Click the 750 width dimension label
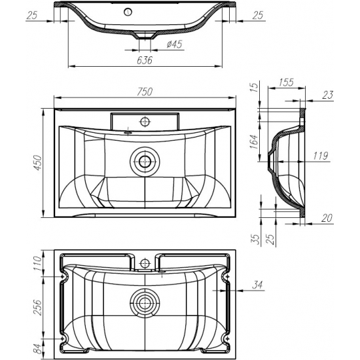(145, 92)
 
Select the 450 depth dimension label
(38, 163)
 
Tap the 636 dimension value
(145, 60)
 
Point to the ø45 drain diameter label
(175, 44)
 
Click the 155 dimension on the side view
(286, 82)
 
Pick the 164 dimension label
(254, 141)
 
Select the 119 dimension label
(321, 156)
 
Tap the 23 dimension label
(328, 95)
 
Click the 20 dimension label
(327, 218)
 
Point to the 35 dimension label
(256, 240)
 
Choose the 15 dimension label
(254, 87)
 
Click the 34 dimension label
(257, 285)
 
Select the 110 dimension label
(38, 263)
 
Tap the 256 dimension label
(38, 308)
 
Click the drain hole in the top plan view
(145, 162)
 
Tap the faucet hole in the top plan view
(145, 122)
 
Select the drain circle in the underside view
(145, 302)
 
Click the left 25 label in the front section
(32, 16)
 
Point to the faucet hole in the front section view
(128, 12)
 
